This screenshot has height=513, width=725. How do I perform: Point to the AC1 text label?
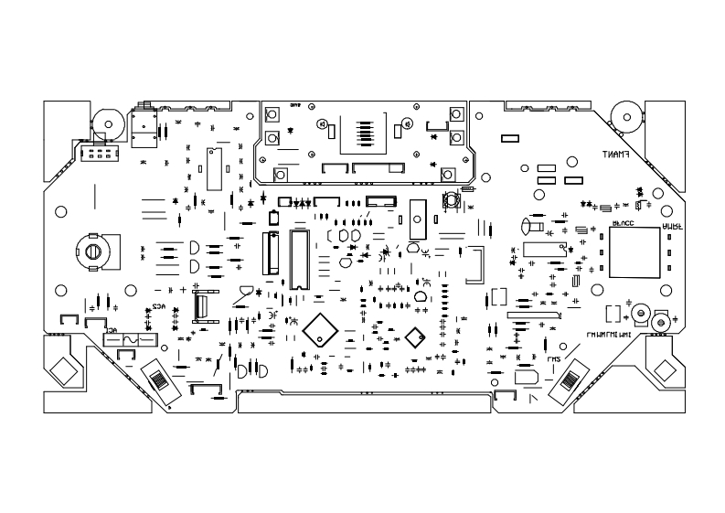(x=113, y=330)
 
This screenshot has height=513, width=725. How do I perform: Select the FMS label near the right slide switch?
(x=554, y=359)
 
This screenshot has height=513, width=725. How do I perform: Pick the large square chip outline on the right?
(x=634, y=252)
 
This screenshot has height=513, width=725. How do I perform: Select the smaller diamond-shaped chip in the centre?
(x=414, y=337)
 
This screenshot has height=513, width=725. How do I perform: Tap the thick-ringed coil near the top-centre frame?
(x=451, y=201)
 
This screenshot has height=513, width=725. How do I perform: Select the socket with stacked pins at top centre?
(x=364, y=131)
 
